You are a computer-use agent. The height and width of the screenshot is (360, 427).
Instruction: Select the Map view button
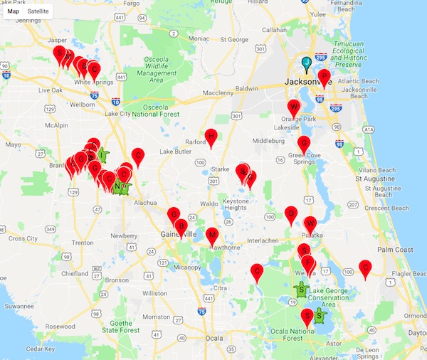point(13,12)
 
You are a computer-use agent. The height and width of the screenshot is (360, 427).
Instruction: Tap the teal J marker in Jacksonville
point(307,64)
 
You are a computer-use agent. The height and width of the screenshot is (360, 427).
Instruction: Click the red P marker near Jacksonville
point(324,77)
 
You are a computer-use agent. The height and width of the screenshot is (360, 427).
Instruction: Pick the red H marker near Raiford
point(211,137)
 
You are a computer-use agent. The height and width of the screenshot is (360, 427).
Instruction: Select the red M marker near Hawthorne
point(211,236)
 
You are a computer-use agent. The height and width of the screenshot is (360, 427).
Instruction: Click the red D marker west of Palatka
point(290,213)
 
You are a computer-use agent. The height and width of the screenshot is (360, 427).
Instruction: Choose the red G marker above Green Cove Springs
point(304,143)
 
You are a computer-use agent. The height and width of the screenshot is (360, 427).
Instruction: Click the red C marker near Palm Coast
point(366,268)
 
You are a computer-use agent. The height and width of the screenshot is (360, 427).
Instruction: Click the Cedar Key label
point(39,349)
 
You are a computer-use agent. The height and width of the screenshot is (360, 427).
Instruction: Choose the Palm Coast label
point(395,250)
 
